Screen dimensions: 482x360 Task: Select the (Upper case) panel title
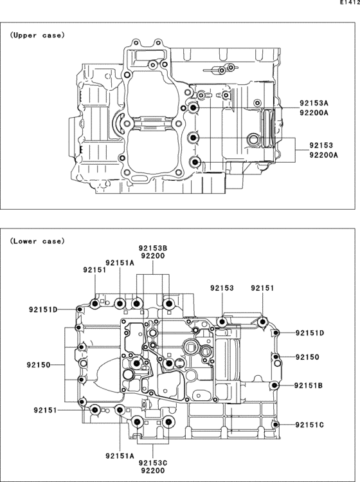pyautogui.click(x=37, y=35)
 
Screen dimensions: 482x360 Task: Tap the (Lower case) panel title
pyautogui.click(x=37, y=241)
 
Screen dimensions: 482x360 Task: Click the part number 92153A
pyautogui.click(x=313, y=103)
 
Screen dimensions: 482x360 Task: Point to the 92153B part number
pyautogui.click(x=153, y=247)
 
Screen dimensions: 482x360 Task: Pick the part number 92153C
pyautogui.click(x=153, y=463)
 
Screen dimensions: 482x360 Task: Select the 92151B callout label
pyautogui.click(x=309, y=385)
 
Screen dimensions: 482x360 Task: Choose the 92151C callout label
pyautogui.click(x=309, y=425)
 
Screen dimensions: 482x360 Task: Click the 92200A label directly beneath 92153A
pyautogui.click(x=313, y=113)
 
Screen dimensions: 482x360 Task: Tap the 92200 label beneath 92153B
pyautogui.click(x=153, y=255)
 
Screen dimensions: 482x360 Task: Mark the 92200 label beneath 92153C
pyautogui.click(x=153, y=471)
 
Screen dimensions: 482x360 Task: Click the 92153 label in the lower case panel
pyautogui.click(x=222, y=288)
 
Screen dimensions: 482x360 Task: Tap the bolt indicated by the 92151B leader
pyautogui.click(x=275, y=385)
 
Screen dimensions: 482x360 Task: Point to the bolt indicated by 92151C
pyautogui.click(x=275, y=425)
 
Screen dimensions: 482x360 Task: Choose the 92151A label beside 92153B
pyautogui.click(x=120, y=263)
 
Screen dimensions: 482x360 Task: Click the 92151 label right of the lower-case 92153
pyautogui.click(x=263, y=288)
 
